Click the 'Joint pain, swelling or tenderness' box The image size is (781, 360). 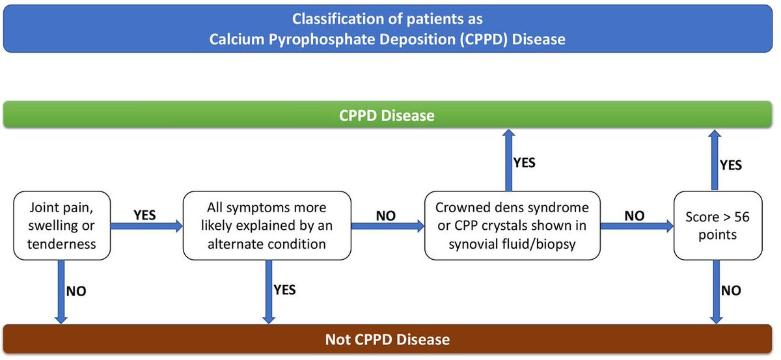click(x=62, y=225)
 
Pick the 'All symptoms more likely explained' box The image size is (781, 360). click(x=266, y=225)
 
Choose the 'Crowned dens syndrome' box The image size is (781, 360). click(x=511, y=225)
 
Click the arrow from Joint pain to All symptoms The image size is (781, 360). click(x=147, y=227)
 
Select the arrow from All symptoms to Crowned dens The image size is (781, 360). click(x=387, y=227)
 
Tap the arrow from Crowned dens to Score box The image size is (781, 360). click(x=636, y=227)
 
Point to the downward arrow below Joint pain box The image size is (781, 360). click(x=61, y=291)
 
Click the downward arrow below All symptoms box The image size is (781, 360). click(x=267, y=291)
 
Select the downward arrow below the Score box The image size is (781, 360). click(x=716, y=291)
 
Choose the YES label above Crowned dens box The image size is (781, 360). click(x=525, y=162)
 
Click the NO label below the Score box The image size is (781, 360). click(x=731, y=290)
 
